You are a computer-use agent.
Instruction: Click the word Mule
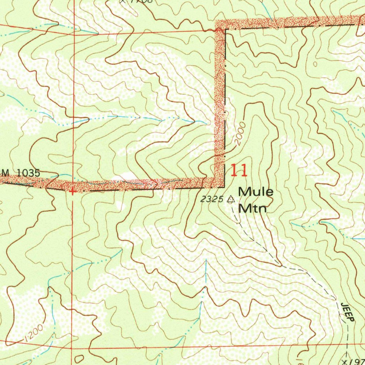point(256,192)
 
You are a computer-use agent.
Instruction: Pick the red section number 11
point(239,171)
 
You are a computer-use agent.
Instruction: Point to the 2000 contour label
point(241,134)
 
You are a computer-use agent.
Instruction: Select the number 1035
point(28,173)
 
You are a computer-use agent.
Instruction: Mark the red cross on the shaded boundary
point(73,192)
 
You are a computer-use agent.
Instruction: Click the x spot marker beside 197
point(344,361)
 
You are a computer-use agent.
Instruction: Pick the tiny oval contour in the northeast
point(315,65)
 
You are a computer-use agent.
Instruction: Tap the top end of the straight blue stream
point(206,260)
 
